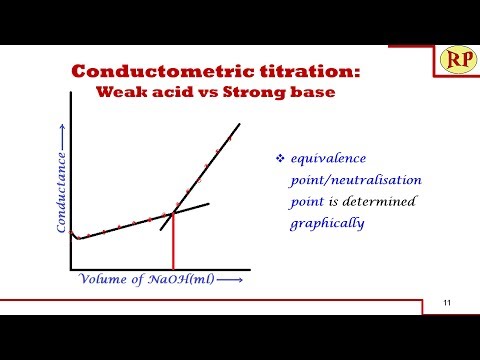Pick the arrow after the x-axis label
coord(230,281)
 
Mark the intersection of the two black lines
coord(175,213)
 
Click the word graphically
coord(326,223)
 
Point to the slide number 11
coord(447,304)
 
